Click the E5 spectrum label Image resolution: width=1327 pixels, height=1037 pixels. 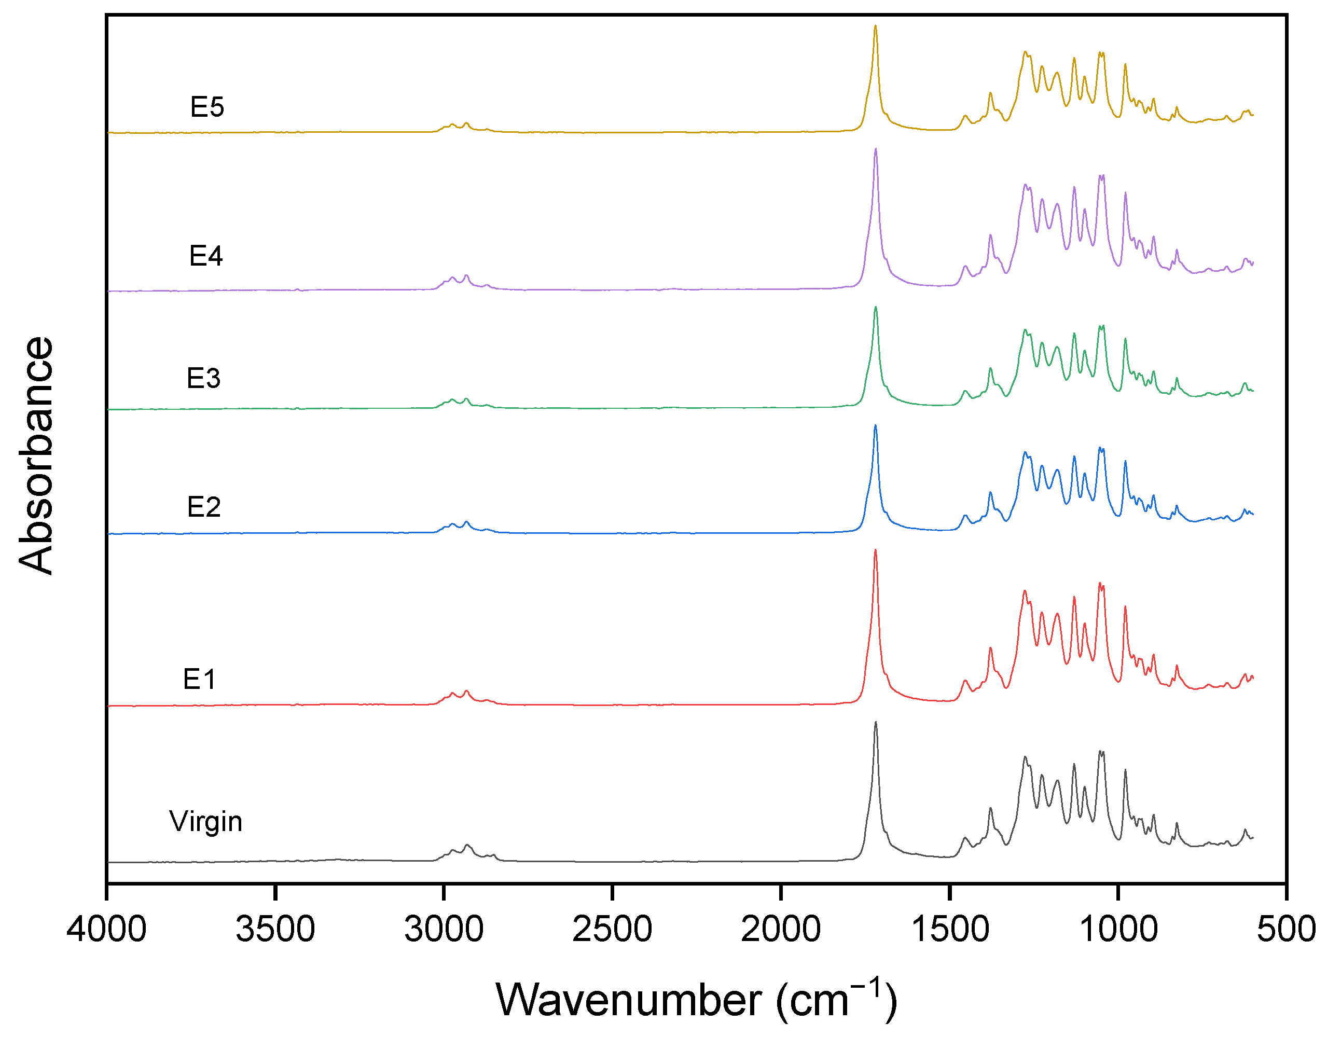pos(207,107)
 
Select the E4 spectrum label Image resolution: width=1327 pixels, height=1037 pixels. pos(206,256)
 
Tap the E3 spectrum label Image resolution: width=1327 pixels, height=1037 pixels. pos(203,379)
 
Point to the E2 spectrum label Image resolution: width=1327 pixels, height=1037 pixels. pos(203,507)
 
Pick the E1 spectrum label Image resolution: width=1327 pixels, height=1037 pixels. pos(199,679)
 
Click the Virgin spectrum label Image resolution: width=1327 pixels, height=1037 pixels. pos(206,822)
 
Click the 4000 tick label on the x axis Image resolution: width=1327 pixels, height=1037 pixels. pos(107,930)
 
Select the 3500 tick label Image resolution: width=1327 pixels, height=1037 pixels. pos(275,930)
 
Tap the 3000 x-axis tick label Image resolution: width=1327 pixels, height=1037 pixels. pos(444,930)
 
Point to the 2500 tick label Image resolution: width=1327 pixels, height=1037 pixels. pos(613,930)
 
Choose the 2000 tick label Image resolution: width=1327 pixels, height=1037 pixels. pos(781,930)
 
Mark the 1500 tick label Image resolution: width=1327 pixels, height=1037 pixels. pos(950,930)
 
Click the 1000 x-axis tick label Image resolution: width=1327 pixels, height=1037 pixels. pos(1118,930)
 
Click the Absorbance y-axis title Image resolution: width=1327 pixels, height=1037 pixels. pos(36,455)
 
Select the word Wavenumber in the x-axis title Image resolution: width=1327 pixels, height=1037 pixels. pos(629,1000)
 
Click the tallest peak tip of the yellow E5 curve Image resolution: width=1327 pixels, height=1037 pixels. pos(876,26)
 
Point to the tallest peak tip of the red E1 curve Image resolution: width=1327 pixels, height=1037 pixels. pos(876,550)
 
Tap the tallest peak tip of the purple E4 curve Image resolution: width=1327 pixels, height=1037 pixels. pos(876,149)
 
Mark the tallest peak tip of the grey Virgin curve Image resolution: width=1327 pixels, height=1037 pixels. pos(876,722)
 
